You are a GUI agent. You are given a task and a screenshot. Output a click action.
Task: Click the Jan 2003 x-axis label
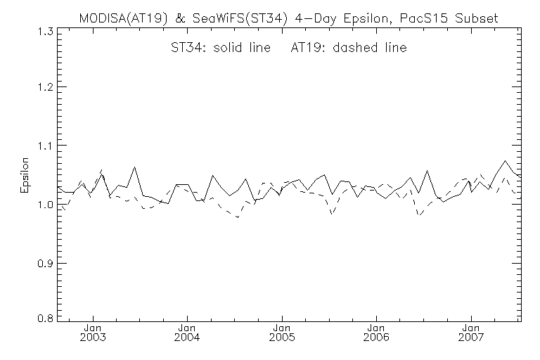pos(94,333)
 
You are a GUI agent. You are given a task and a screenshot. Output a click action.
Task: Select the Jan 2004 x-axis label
pos(187,333)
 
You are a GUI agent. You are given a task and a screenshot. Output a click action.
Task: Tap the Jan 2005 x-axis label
pos(281,333)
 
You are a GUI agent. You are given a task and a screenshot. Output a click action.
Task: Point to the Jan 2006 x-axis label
pos(375,333)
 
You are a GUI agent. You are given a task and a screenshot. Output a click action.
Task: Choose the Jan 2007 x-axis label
pos(470,333)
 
